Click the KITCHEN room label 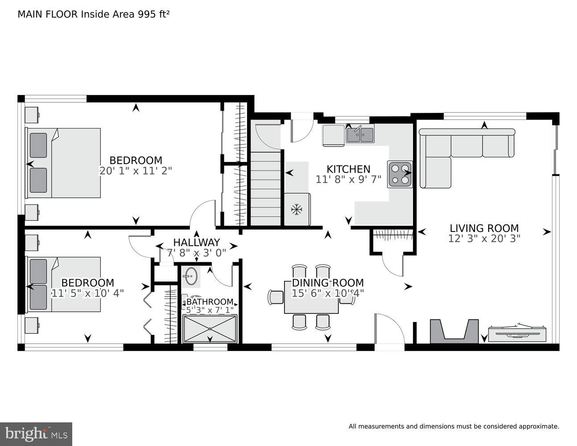point(348,169)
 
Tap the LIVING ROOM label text point(484,228)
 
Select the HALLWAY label point(196,242)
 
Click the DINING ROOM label point(328,283)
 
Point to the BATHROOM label point(210,302)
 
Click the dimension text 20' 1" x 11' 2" point(136,170)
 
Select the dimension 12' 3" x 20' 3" point(484,239)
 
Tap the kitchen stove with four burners point(399,174)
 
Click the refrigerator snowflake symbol point(297,209)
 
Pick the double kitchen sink point(360,134)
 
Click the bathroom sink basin point(191,276)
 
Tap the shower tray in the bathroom point(210,329)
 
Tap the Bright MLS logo point(36,434)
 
